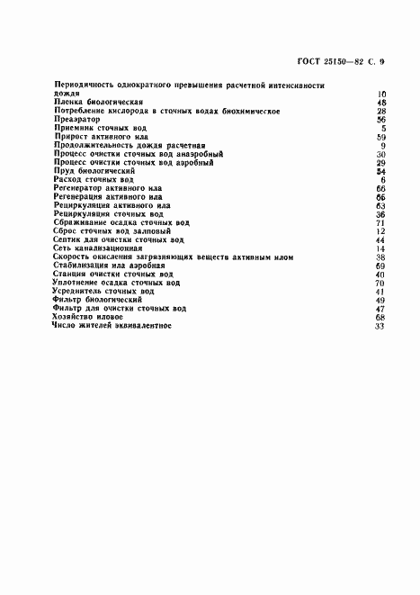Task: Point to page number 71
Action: (380, 222)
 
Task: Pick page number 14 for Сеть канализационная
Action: (380, 248)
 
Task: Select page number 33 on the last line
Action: (380, 326)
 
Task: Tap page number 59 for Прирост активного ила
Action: (380, 137)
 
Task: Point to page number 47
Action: (380, 309)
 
